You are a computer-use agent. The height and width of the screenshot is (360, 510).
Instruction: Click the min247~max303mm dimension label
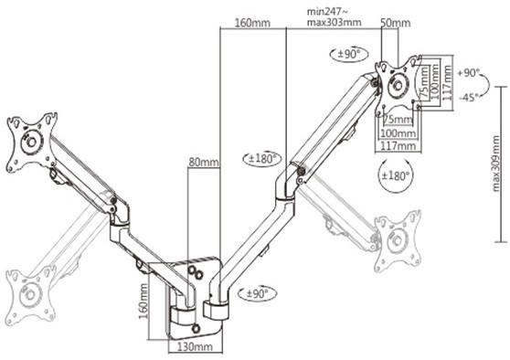tap(334, 17)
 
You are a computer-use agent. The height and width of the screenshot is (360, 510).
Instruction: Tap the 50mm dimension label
tap(396, 23)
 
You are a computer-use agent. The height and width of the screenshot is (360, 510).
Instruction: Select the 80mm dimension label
tap(204, 162)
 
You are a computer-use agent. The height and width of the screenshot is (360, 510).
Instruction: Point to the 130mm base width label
tap(196, 346)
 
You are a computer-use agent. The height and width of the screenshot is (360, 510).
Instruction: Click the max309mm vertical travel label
tap(496, 164)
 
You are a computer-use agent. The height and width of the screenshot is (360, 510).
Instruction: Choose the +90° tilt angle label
tap(469, 73)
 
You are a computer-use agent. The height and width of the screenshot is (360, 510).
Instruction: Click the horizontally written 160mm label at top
tap(252, 23)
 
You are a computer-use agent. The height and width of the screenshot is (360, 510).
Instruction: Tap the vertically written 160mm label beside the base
tap(143, 301)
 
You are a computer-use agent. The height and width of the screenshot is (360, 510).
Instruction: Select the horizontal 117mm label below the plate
tap(398, 145)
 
